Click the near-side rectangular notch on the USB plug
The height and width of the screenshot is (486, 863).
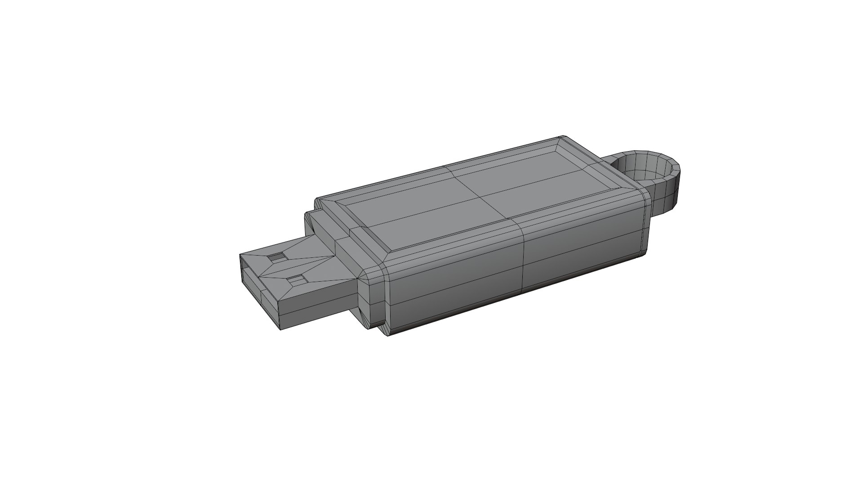point(297,280)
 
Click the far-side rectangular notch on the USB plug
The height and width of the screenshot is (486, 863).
point(277,257)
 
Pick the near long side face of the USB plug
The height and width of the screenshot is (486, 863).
point(315,310)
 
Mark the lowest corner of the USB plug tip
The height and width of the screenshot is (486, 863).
point(281,331)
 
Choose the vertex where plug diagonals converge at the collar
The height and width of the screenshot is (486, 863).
point(335,257)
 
